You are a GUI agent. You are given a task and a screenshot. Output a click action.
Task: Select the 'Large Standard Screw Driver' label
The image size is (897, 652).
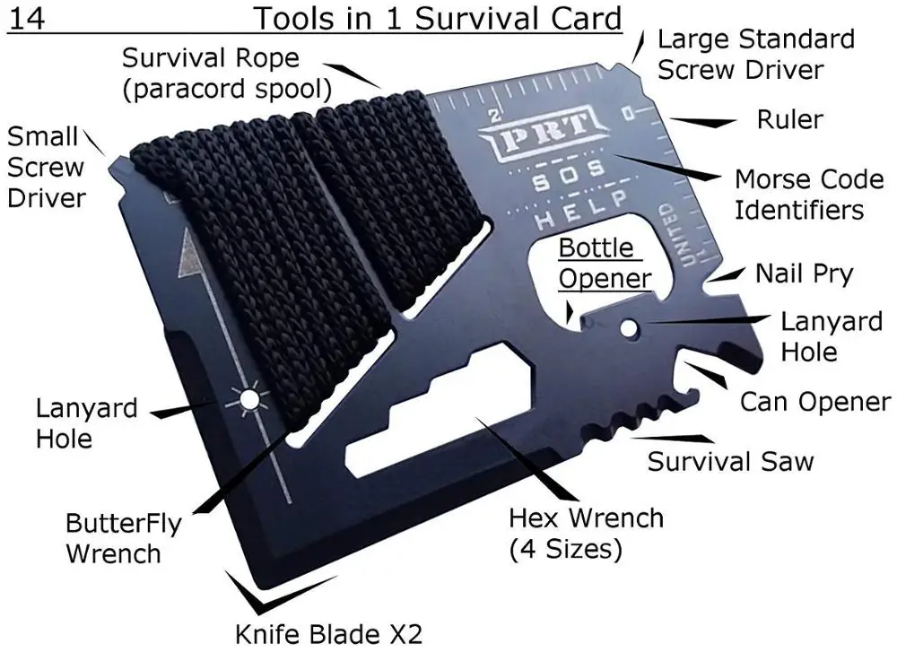[x=754, y=54]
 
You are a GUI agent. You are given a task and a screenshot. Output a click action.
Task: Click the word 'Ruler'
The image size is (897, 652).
[x=789, y=119]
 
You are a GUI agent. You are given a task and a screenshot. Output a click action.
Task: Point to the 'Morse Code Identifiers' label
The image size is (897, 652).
[x=797, y=194]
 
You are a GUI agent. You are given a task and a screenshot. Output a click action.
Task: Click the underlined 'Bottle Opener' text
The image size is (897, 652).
[x=604, y=263]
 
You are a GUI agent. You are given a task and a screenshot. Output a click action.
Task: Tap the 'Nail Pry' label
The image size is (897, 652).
[x=803, y=273]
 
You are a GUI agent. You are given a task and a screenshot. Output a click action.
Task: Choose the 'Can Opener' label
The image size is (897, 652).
[x=814, y=402]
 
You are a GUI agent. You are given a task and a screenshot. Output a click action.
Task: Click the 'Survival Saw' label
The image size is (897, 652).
[x=730, y=462]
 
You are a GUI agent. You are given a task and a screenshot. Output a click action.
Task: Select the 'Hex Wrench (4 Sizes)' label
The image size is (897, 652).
[x=586, y=532]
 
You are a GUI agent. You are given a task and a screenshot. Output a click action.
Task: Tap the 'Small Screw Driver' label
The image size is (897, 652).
[x=46, y=167]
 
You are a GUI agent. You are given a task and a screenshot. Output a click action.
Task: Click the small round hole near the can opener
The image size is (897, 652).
[x=633, y=328]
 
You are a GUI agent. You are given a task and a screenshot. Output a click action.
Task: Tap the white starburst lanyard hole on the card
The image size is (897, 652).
[x=248, y=399]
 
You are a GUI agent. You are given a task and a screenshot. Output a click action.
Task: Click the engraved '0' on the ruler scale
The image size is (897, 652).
[x=629, y=113]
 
